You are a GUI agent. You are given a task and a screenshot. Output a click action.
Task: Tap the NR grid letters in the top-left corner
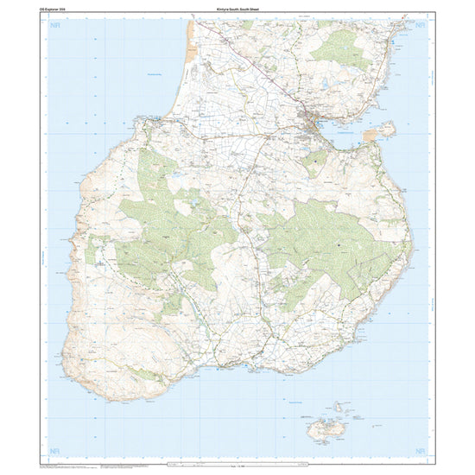57,27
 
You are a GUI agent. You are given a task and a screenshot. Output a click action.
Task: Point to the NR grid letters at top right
421,27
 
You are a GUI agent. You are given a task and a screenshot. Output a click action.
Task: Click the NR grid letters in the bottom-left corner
57,451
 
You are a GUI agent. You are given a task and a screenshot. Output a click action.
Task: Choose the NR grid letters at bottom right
421,451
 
